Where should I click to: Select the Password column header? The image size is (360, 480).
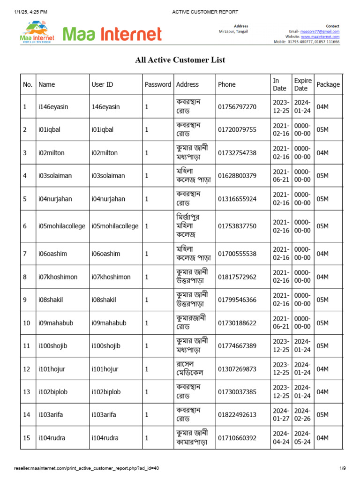click(x=158, y=85)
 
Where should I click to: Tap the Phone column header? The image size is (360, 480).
click(x=227, y=85)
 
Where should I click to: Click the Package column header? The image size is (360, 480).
click(x=328, y=85)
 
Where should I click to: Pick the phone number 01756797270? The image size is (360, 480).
click(x=237, y=107)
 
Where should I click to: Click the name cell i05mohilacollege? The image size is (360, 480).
click(x=62, y=226)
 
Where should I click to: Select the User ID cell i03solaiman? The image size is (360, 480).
click(x=108, y=176)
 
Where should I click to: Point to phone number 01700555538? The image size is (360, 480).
click(x=237, y=254)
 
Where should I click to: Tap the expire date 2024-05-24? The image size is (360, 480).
click(x=302, y=438)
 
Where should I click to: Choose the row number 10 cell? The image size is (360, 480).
click(x=27, y=323)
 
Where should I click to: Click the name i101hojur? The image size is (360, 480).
click(x=52, y=369)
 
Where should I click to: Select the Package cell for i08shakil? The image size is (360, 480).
click(x=322, y=300)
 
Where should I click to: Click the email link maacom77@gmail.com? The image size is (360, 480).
click(x=320, y=31)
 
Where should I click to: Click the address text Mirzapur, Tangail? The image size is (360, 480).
click(x=233, y=31)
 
